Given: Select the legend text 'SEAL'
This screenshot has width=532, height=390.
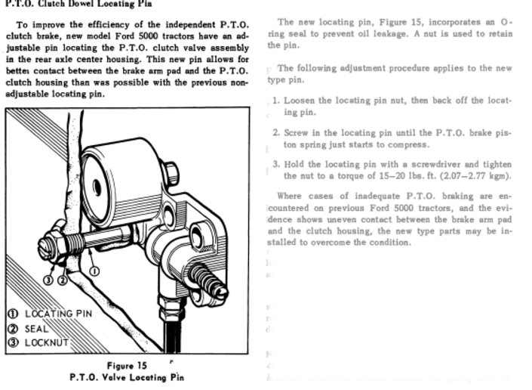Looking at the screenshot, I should click(x=37, y=328).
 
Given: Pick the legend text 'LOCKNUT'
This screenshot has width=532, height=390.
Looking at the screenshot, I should click(x=47, y=342).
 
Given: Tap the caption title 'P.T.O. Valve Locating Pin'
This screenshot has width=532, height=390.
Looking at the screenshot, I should click(x=126, y=377).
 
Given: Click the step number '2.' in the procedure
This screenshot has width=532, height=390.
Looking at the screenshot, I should click(x=276, y=132).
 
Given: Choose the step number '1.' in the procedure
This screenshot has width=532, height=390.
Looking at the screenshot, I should click(x=276, y=100).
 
